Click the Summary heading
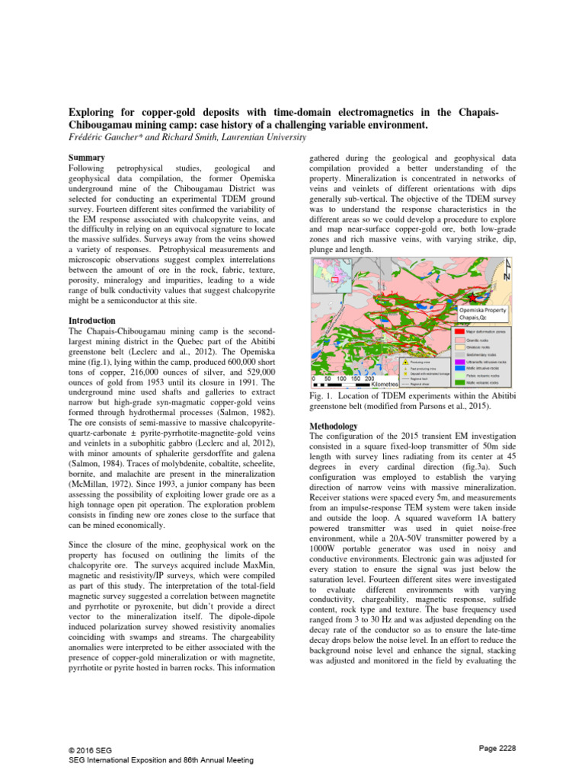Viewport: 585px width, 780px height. click(86, 157)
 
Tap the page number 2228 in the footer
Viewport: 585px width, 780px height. click(497, 749)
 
